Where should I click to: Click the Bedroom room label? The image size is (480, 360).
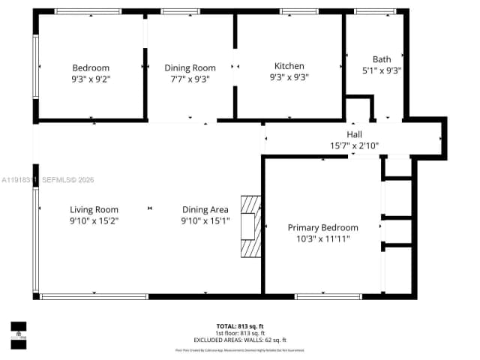(x=91, y=67)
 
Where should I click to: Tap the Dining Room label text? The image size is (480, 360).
(x=190, y=67)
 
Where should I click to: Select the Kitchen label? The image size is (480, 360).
(x=289, y=66)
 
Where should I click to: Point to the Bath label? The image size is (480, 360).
(x=382, y=59)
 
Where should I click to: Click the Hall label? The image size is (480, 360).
(x=355, y=134)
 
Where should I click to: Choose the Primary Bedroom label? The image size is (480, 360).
(x=322, y=227)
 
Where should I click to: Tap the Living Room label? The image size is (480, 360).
(x=94, y=209)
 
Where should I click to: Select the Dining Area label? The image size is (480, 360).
(x=205, y=209)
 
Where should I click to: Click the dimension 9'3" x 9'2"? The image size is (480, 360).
(x=91, y=78)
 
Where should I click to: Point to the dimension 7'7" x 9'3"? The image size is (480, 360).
(x=190, y=78)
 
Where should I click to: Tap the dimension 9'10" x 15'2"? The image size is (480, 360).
(x=94, y=220)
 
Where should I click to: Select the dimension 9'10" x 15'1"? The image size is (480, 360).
(x=205, y=220)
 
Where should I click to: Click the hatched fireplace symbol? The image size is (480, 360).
(x=250, y=227)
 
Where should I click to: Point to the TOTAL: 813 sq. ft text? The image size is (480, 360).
(x=240, y=326)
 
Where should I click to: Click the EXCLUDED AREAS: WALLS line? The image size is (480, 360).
(x=240, y=340)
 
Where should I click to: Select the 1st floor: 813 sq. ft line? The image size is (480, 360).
(x=240, y=333)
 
